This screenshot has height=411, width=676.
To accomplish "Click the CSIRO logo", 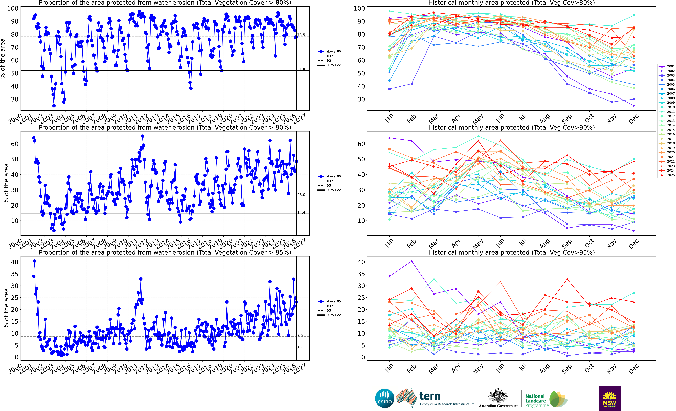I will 385,398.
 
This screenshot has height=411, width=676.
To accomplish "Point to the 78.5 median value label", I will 301,35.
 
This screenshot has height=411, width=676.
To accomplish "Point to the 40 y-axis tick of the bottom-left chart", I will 15,262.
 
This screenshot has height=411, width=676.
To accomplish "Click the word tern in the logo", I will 430,396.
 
